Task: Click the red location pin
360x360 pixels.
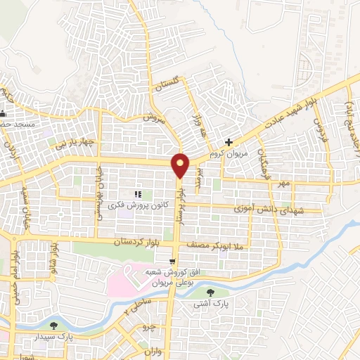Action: [x=181, y=165]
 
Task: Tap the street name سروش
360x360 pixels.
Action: [x=153, y=119]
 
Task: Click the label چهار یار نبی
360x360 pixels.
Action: [x=77, y=141]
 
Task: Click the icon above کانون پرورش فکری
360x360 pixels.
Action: [x=139, y=193]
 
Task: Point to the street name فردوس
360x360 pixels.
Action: [x=319, y=131]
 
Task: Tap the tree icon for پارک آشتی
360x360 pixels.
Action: [x=212, y=292]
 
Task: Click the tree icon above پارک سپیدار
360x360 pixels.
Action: [x=54, y=325]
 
